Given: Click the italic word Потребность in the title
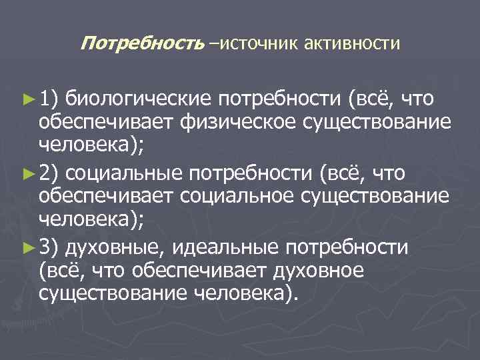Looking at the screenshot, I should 141,44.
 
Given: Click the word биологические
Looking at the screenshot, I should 139,100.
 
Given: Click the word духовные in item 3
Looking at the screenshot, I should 115,248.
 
